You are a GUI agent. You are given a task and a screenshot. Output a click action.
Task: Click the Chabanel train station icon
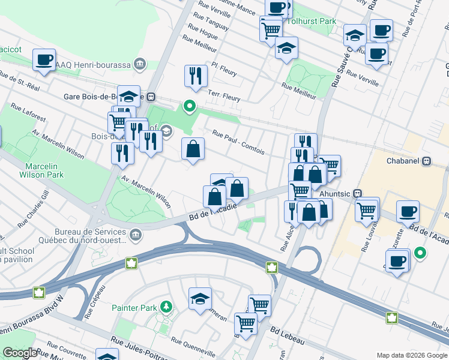point(427,161)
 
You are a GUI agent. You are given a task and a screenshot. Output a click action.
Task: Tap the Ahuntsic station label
point(332,193)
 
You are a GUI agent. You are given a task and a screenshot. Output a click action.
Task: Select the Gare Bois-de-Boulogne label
point(104,96)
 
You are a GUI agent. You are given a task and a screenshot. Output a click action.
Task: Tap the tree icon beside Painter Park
point(165,308)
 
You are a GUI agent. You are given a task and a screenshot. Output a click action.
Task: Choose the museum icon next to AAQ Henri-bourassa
point(140,63)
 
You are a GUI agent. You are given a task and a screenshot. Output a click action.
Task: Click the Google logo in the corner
point(19,353)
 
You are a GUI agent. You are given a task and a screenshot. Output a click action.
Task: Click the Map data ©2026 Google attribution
point(411,355)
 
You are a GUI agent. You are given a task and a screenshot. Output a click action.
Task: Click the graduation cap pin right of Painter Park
point(200,298)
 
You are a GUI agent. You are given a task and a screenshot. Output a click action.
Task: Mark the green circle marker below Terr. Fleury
point(190,107)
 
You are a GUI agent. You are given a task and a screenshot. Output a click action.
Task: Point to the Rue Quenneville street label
point(193,347)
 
